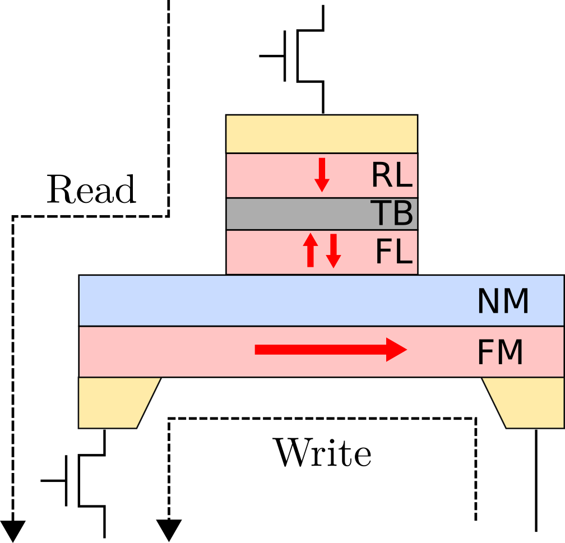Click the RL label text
391,176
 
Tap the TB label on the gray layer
391,214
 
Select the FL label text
393,252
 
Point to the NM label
502,302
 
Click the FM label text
499,354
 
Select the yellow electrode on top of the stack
322,134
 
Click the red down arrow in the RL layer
322,175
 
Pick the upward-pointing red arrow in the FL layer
311,250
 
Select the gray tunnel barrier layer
297,214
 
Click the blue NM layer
280,300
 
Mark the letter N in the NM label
488,302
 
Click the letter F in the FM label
484,354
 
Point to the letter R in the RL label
381,176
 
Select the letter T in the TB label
381,214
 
